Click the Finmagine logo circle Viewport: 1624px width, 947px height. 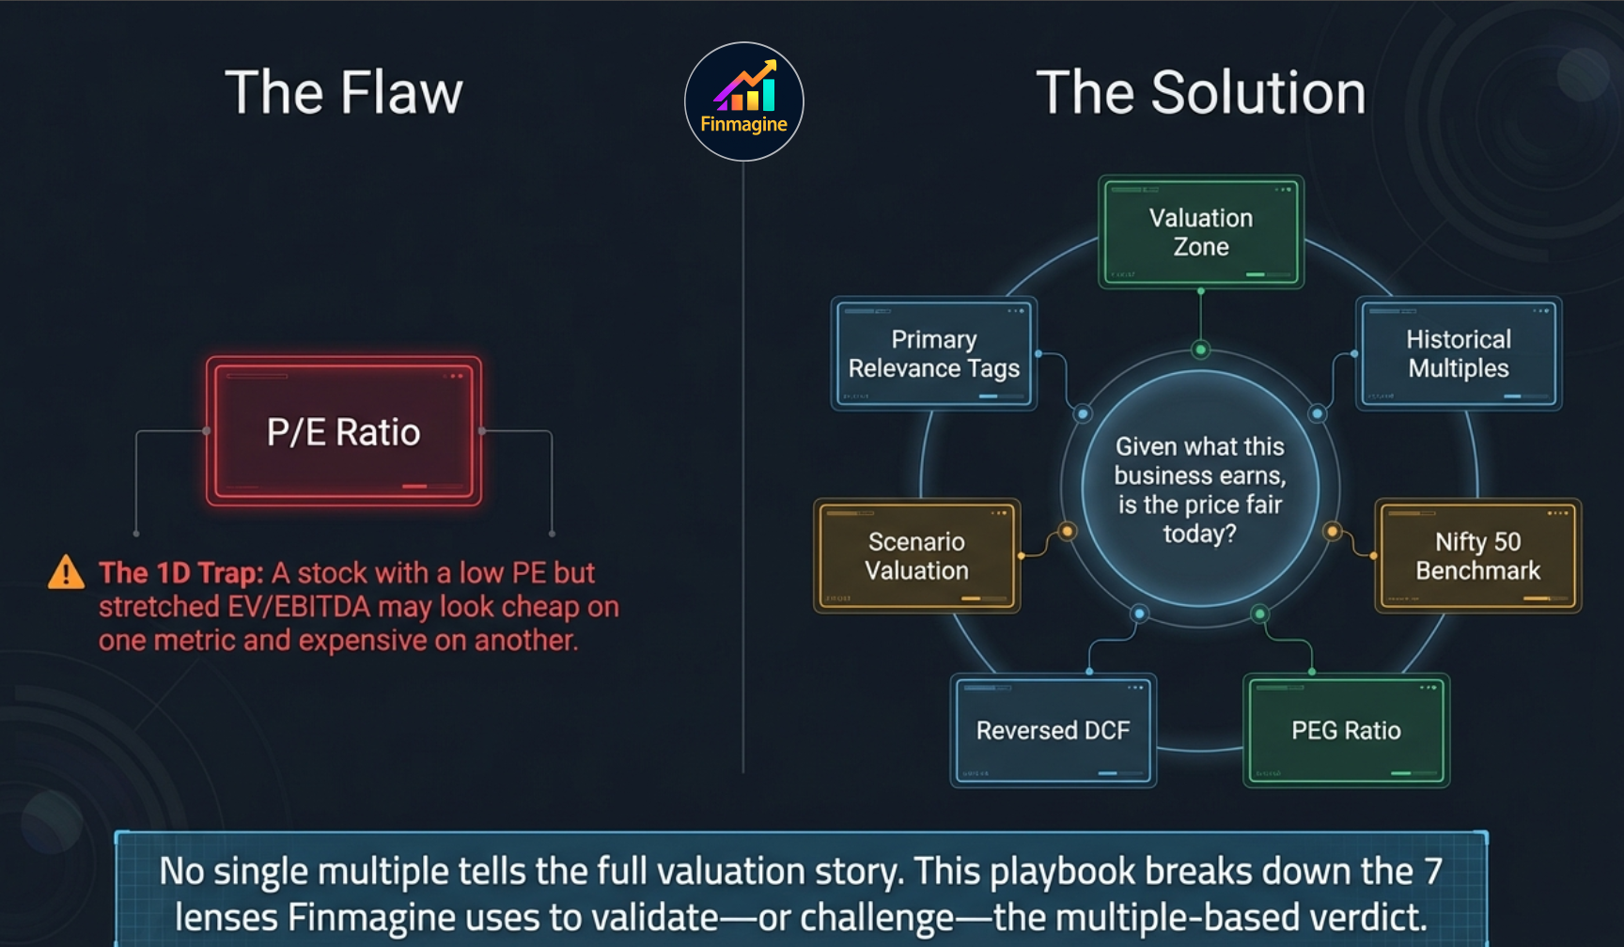[x=743, y=101]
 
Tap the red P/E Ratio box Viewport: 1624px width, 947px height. [x=344, y=431]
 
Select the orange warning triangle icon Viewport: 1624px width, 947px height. [x=66, y=572]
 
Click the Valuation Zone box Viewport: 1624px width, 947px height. [x=1200, y=232]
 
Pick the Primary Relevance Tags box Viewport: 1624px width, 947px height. [x=933, y=353]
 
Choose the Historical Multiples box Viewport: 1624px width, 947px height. [x=1458, y=353]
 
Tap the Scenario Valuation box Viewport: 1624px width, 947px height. [x=916, y=556]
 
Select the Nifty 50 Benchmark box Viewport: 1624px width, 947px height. [x=1477, y=556]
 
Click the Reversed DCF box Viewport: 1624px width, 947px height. [x=1053, y=730]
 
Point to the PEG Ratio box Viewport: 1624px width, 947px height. [x=1346, y=730]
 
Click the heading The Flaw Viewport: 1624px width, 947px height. [x=344, y=93]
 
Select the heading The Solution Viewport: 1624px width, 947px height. [x=1200, y=93]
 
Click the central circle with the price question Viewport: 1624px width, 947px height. [x=1200, y=489]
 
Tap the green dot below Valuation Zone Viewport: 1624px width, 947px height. [x=1200, y=349]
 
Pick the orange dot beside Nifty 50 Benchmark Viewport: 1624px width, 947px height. [x=1332, y=532]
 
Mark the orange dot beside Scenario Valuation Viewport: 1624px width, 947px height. [x=1067, y=532]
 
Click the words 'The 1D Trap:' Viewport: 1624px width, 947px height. [x=181, y=573]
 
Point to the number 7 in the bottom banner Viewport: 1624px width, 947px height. [x=1432, y=871]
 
